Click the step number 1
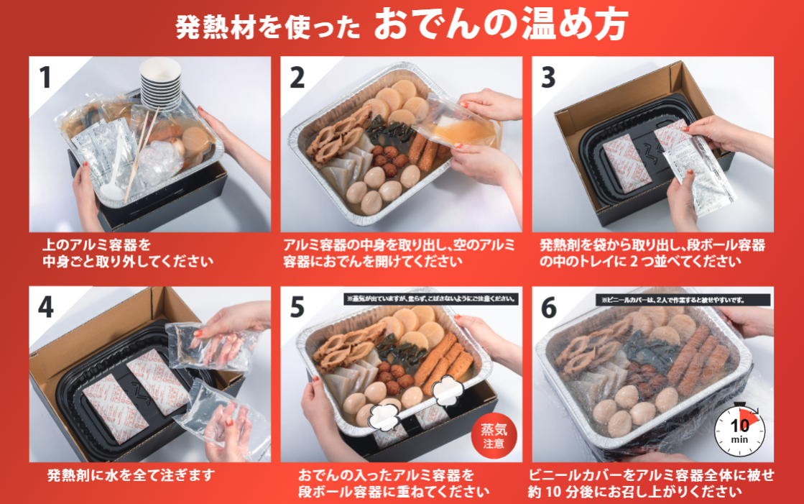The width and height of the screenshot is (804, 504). point(45,78)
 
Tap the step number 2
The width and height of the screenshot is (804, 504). point(297,78)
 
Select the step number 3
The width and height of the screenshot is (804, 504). point(548,78)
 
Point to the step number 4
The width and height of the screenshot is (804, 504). point(46,308)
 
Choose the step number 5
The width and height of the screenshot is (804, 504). point(297,308)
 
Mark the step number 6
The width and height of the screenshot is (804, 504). point(549,308)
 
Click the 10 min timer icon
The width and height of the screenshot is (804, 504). point(739,430)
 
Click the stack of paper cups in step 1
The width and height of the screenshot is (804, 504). point(160,83)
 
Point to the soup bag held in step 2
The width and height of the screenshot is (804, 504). point(459,123)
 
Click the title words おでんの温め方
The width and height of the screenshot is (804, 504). point(502,24)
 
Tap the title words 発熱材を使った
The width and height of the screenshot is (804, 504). point(268,27)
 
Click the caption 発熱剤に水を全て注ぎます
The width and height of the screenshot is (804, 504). point(131,475)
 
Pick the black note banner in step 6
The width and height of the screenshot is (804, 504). point(683,300)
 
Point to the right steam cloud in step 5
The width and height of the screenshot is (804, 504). point(447,388)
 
